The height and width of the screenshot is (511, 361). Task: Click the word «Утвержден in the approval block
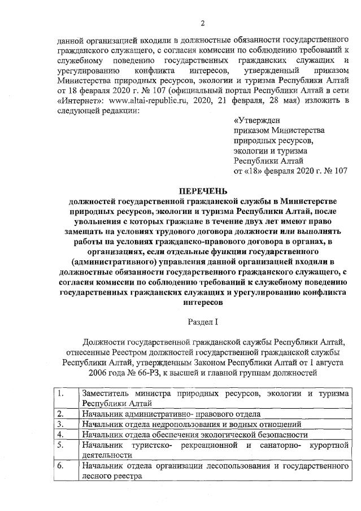click(x=256, y=120)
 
